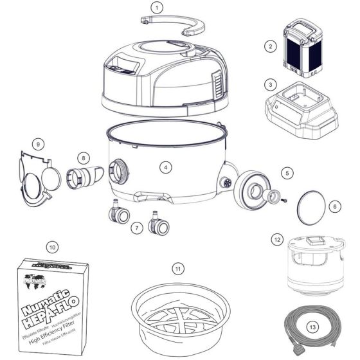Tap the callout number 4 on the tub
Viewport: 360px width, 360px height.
(x=166, y=166)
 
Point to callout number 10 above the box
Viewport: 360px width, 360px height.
(x=53, y=246)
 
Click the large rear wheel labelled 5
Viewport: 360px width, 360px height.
(x=251, y=192)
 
